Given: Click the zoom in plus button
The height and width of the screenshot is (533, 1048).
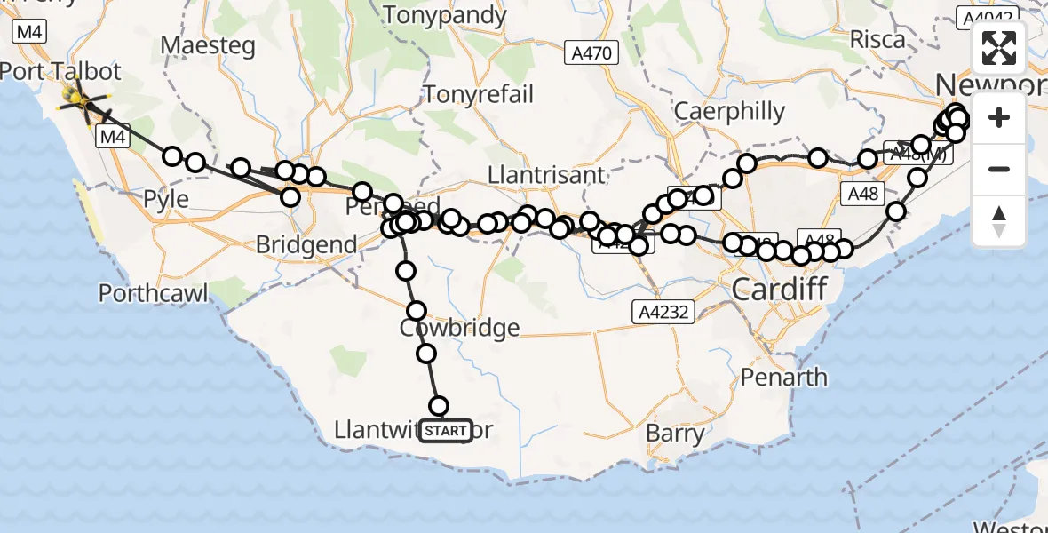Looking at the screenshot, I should point(999,118).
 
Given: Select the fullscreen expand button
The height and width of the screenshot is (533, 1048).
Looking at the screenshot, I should point(999,48).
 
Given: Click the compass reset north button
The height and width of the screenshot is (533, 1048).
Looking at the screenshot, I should point(999,221).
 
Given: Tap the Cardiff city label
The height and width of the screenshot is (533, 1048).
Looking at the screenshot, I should point(779,288).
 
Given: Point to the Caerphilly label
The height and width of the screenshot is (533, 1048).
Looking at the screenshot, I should point(730,111).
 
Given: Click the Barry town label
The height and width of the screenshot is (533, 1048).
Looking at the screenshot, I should point(676,435).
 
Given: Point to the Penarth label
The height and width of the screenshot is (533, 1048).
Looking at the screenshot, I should point(784,378).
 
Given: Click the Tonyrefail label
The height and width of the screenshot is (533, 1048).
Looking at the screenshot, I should point(480,94).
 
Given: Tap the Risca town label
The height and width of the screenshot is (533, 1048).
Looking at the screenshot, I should point(877,39).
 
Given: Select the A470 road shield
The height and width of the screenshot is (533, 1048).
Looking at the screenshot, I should point(590,53).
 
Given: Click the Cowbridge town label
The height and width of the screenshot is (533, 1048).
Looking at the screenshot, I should point(459,328).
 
